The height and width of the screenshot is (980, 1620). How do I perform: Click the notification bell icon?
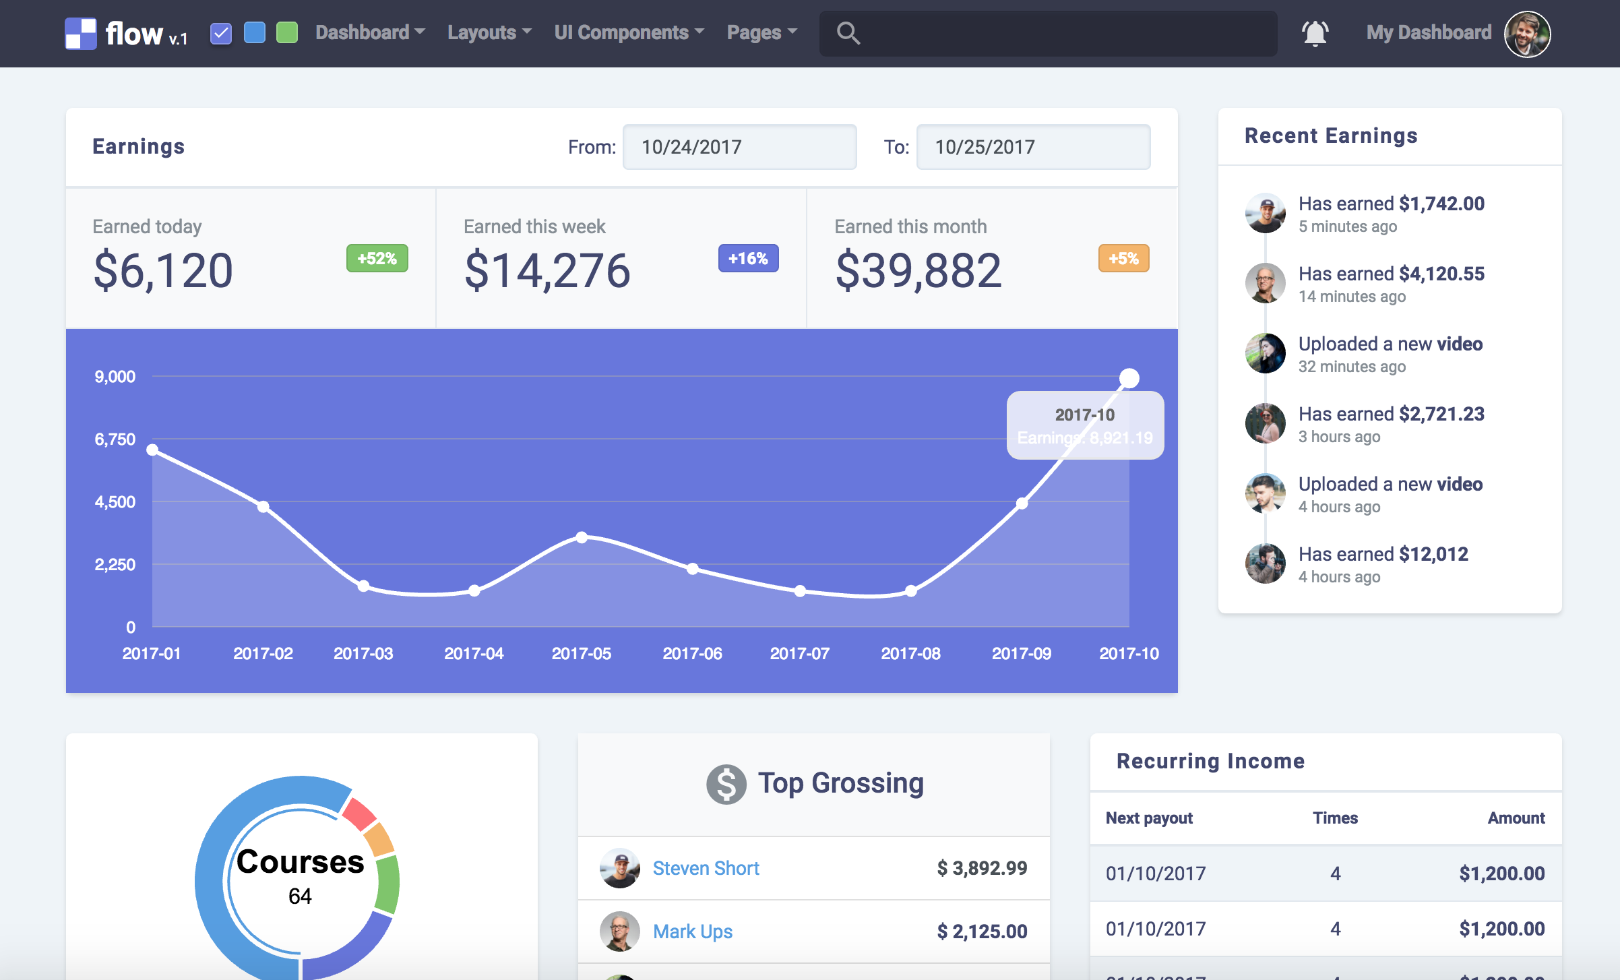pyautogui.click(x=1315, y=33)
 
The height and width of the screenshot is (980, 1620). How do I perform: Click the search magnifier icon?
pyautogui.click(x=848, y=33)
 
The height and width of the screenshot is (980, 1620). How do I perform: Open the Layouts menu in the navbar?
pyautogui.click(x=489, y=32)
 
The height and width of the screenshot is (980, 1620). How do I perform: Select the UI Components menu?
pyautogui.click(x=629, y=32)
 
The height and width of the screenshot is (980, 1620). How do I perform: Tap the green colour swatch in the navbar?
pyautogui.click(x=287, y=32)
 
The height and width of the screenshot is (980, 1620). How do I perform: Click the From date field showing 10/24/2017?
pyautogui.click(x=739, y=147)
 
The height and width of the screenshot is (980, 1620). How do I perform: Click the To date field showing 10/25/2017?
pyautogui.click(x=1033, y=147)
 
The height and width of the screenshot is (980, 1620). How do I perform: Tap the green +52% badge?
pyautogui.click(x=377, y=258)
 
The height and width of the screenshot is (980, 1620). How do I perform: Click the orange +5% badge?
pyautogui.click(x=1123, y=258)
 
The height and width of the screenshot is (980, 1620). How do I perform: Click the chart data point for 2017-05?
pyautogui.click(x=582, y=537)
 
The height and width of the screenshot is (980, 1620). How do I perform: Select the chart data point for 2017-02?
pyautogui.click(x=263, y=506)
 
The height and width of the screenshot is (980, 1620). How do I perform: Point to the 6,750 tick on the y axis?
pyautogui.click(x=115, y=439)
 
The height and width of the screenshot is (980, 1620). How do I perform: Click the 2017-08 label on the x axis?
pyautogui.click(x=910, y=653)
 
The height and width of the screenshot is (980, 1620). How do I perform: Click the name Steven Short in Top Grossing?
pyautogui.click(x=706, y=868)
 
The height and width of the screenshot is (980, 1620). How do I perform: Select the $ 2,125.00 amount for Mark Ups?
pyautogui.click(x=982, y=931)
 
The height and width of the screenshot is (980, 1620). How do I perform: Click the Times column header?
pyautogui.click(x=1335, y=818)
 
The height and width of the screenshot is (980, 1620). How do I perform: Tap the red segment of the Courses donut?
pyautogui.click(x=359, y=814)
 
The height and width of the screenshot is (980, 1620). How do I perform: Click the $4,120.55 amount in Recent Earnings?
pyautogui.click(x=1441, y=274)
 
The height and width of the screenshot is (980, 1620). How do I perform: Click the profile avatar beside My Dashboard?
pyautogui.click(x=1527, y=34)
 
